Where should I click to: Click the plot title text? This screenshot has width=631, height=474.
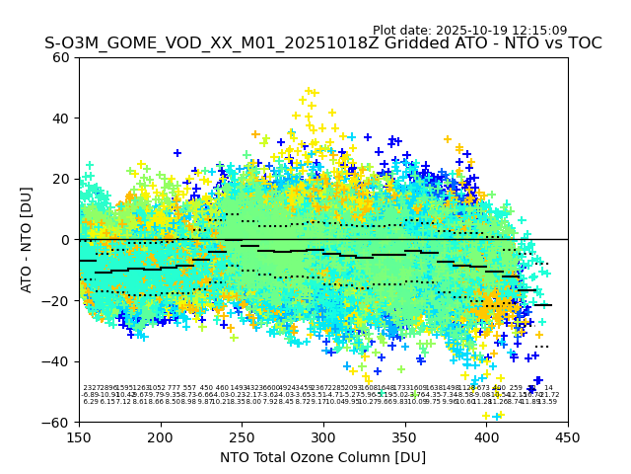322,43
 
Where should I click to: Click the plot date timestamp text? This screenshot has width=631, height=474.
469,31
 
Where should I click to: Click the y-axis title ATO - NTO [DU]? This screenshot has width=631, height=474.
27,240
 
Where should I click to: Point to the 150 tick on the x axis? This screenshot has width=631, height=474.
79,435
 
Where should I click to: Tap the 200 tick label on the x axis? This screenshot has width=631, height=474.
161,435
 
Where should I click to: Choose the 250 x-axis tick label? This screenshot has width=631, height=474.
242,435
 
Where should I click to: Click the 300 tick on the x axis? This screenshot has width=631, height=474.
323,435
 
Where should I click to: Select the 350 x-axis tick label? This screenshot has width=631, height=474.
404,435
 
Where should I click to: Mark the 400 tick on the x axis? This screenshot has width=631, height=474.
486,435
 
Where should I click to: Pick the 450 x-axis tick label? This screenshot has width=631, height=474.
568,435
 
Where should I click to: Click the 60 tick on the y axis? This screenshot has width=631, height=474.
61,57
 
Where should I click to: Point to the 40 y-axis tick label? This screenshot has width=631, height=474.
61,118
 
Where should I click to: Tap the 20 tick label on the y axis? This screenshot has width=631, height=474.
61,179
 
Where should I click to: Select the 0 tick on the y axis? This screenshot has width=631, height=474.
65,240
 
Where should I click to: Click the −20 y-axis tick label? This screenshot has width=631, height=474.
57,300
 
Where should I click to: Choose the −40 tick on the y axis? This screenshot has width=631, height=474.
57,361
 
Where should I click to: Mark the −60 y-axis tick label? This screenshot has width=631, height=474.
57,422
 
